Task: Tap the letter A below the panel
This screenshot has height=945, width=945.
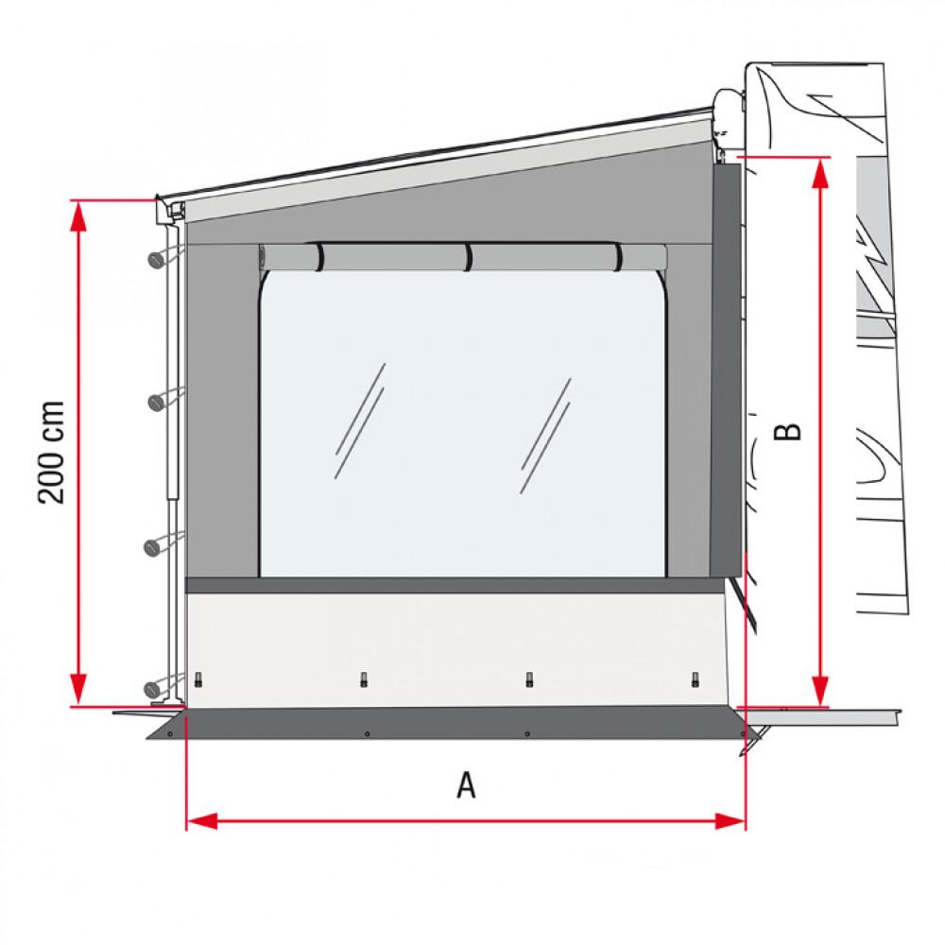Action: (x=466, y=784)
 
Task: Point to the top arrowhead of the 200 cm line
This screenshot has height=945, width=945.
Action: (x=79, y=215)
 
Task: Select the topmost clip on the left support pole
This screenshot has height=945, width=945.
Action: (x=156, y=259)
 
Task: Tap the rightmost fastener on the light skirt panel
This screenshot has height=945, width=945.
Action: (x=696, y=679)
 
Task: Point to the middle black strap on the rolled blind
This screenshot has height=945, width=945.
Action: (x=468, y=257)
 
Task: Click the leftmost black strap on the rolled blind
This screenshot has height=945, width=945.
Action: (x=319, y=256)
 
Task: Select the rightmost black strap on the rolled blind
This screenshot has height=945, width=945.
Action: (x=618, y=256)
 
